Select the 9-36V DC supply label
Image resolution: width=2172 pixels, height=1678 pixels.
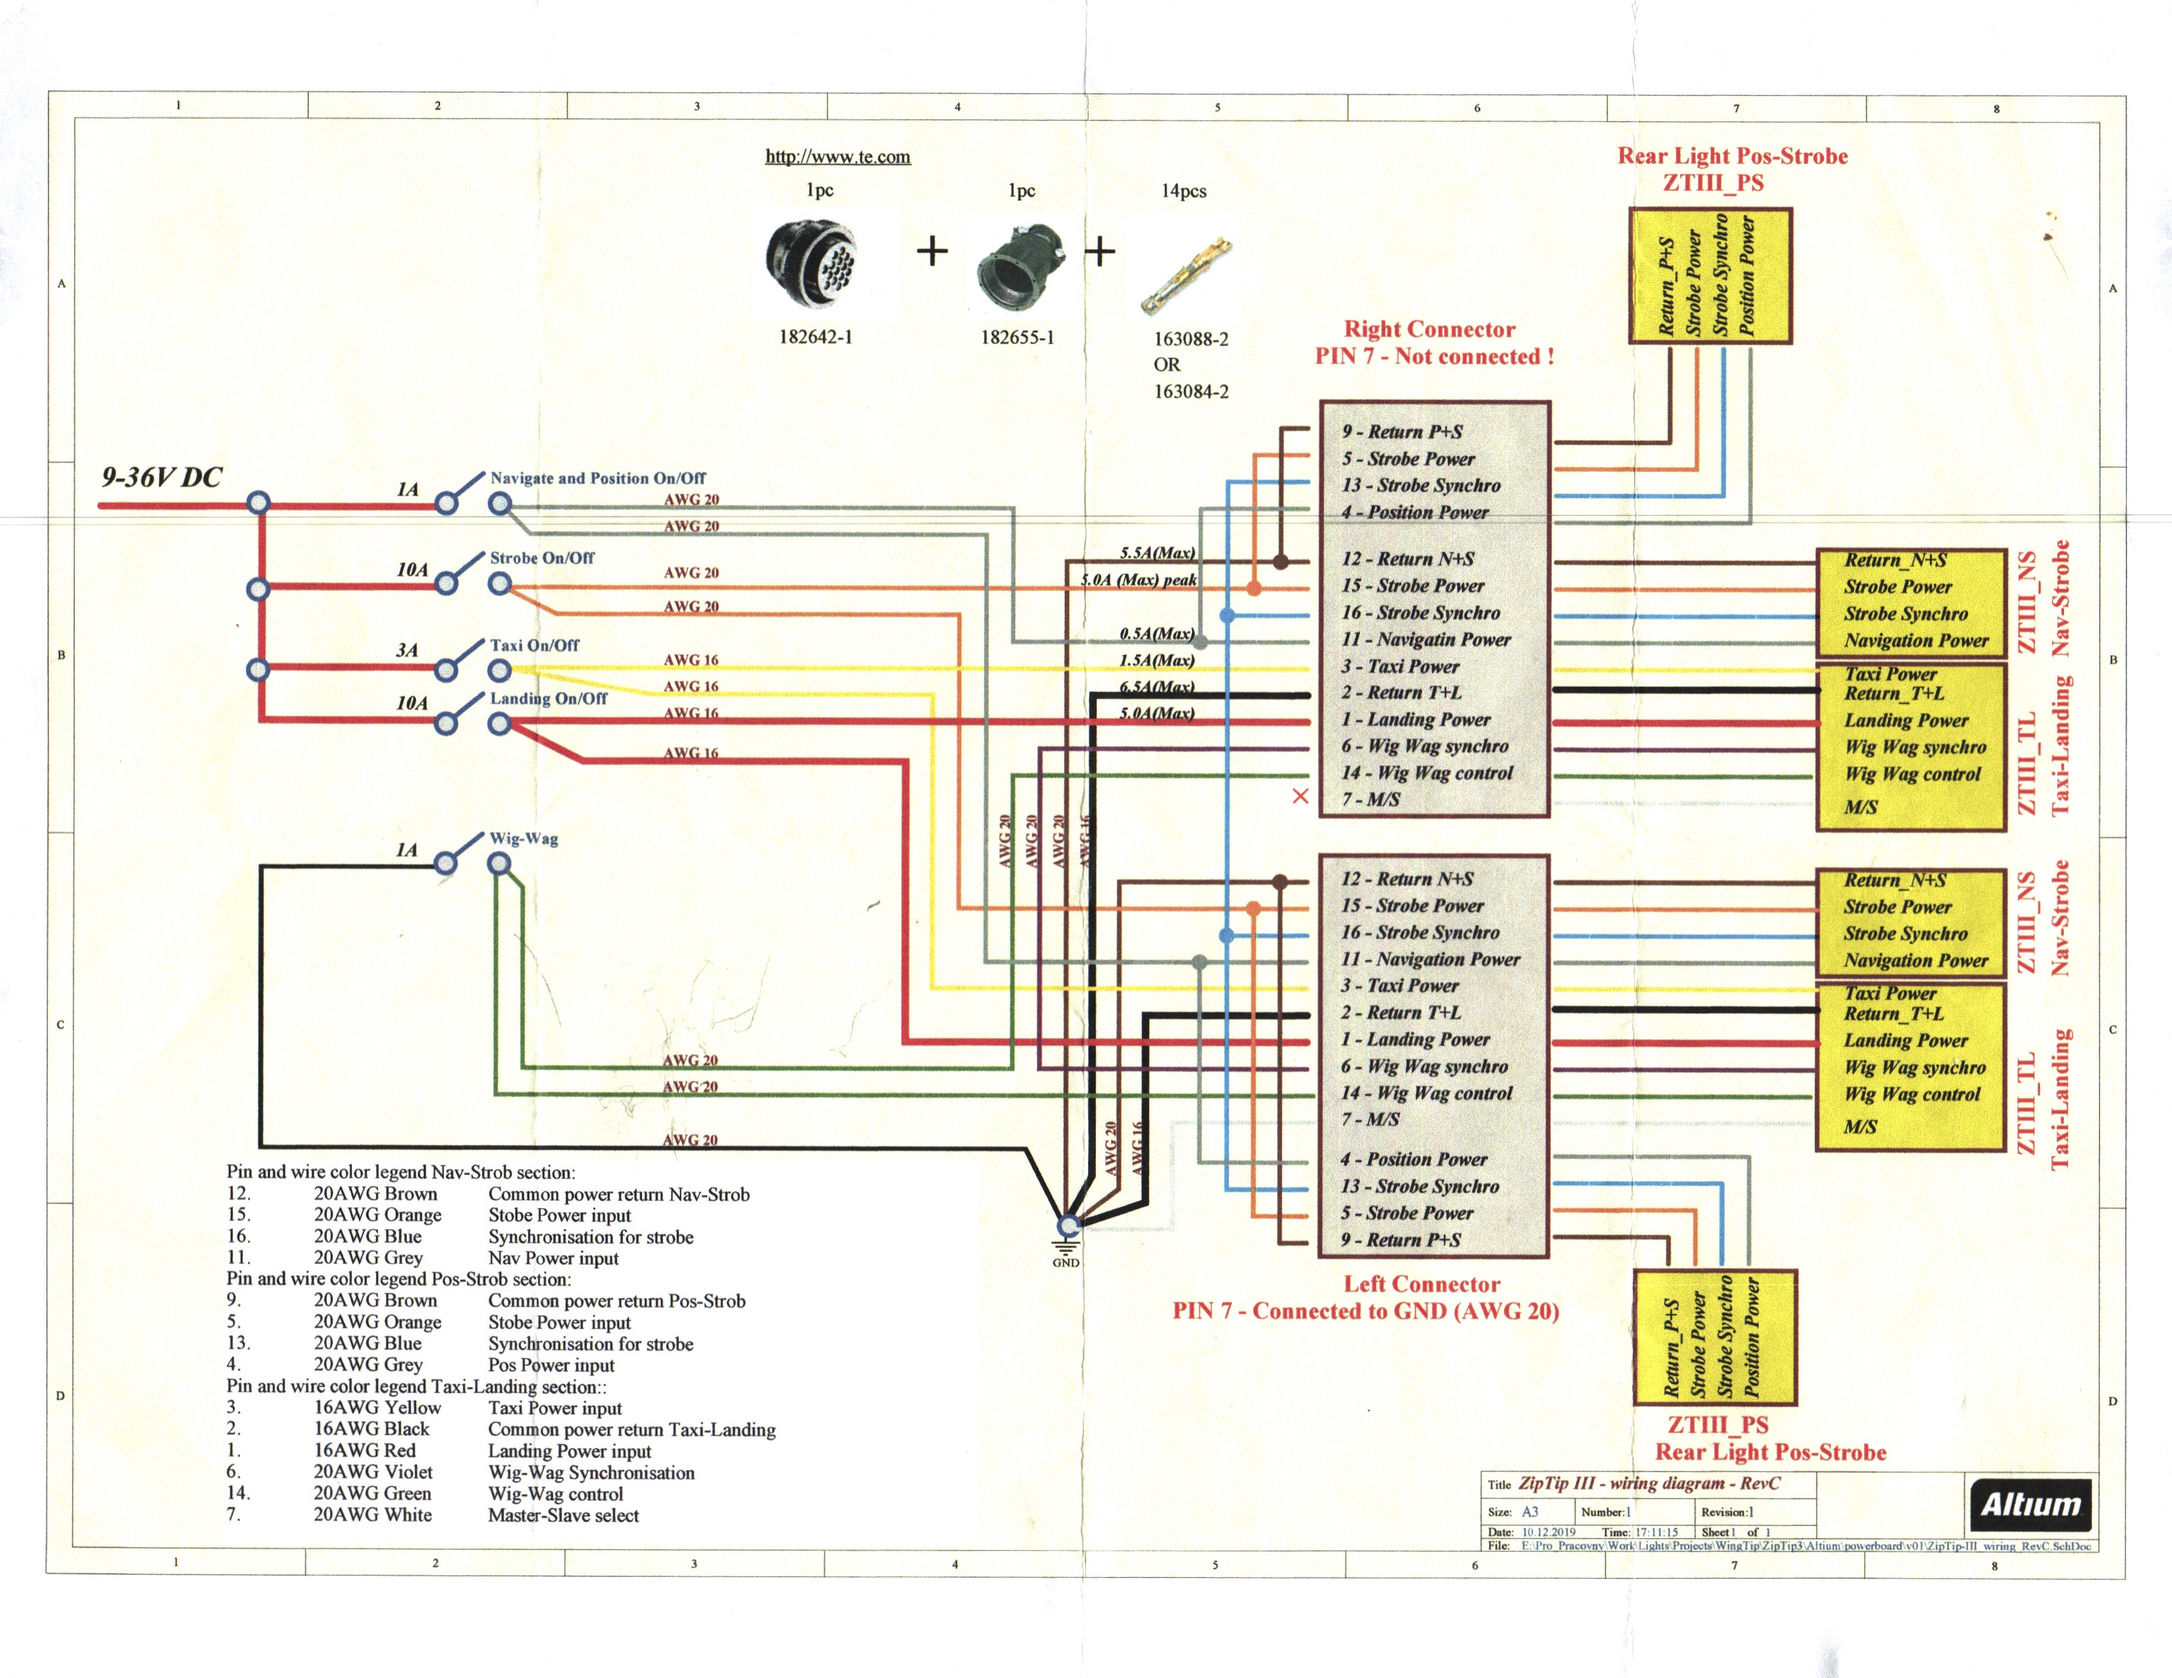pos(161,477)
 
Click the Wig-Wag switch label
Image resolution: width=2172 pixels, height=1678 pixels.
pos(523,839)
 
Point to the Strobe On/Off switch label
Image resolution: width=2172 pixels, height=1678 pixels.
pos(541,558)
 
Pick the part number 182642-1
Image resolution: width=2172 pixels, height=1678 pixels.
pos(815,337)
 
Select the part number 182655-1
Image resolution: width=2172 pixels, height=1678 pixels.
pos(1017,337)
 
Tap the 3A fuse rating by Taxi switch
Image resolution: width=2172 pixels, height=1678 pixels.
pos(407,651)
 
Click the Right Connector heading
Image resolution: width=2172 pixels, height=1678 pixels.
pos(1429,329)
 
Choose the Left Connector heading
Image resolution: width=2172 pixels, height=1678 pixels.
pos(1421,1284)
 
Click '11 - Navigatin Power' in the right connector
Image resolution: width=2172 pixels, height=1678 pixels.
pos(1425,639)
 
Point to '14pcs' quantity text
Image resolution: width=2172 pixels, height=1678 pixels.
pos(1183,191)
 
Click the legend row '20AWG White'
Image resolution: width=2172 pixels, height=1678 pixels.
pos(373,1515)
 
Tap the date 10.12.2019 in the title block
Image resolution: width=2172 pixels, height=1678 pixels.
pos(1549,1532)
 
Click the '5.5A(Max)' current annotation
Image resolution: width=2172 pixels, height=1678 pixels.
pos(1157,553)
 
